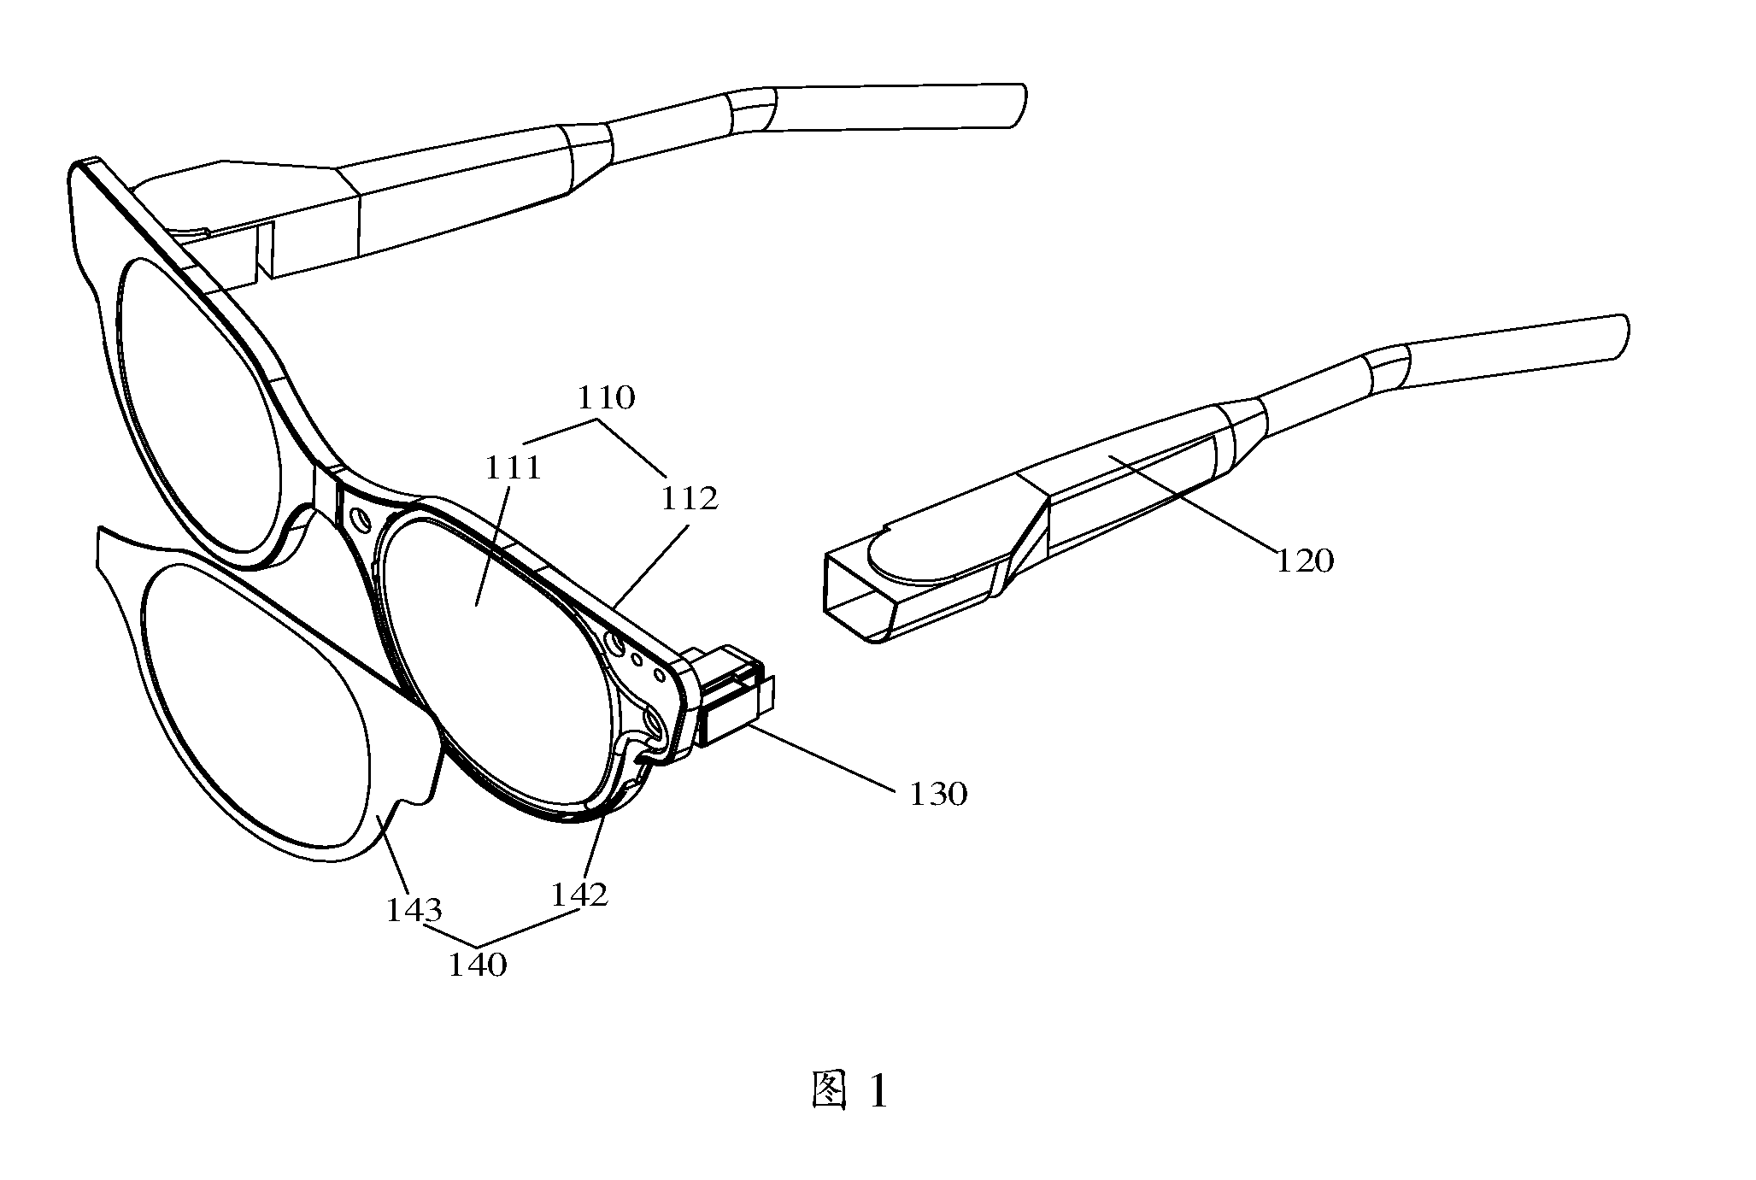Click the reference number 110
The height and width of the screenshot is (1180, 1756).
[x=606, y=397]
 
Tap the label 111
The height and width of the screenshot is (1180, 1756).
[x=514, y=467]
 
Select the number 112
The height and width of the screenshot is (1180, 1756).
[x=690, y=498]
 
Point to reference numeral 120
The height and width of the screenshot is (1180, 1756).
[x=1305, y=561]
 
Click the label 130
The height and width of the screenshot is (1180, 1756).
[x=938, y=794]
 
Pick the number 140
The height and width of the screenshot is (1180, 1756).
[x=479, y=965]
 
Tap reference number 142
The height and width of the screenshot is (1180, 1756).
[x=579, y=894]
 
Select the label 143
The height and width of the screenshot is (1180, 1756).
[x=414, y=911]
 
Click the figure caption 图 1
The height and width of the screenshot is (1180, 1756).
[x=849, y=1091]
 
